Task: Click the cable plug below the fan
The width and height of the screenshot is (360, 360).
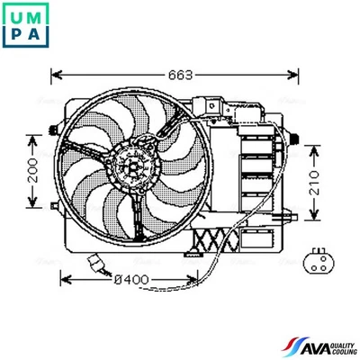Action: point(94,263)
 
